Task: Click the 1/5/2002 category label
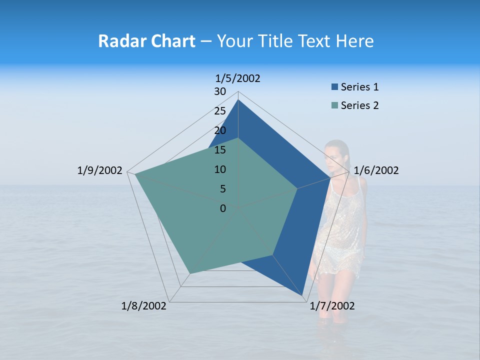pyautogui.click(x=238, y=78)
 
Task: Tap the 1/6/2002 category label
pyautogui.click(x=376, y=170)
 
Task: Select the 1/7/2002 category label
pyautogui.click(x=332, y=306)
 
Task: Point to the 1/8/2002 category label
pyautogui.click(x=144, y=306)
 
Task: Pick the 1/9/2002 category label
pyautogui.click(x=100, y=170)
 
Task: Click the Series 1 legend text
pyautogui.click(x=359, y=87)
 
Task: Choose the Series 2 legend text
pyautogui.click(x=359, y=105)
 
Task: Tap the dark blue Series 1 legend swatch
pyautogui.click(x=334, y=87)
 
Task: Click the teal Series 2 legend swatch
pyautogui.click(x=334, y=105)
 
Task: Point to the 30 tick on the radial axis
pyautogui.click(x=220, y=91)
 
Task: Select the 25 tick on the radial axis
pyautogui.click(x=220, y=111)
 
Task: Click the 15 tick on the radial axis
pyautogui.click(x=220, y=150)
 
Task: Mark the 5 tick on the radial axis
pyautogui.click(x=222, y=189)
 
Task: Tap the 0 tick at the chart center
pyautogui.click(x=223, y=208)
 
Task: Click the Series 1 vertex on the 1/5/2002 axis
pyautogui.click(x=238, y=100)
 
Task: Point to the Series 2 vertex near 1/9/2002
pyautogui.click(x=135, y=174)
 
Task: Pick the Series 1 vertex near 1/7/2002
pyautogui.click(x=302, y=296)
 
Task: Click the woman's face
pyautogui.click(x=334, y=153)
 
